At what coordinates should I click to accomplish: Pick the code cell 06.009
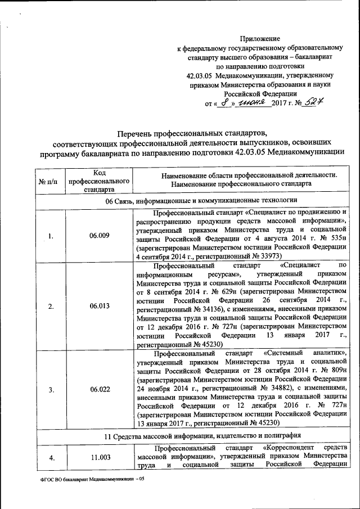click(99, 236)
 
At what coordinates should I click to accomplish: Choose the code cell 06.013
click(99, 306)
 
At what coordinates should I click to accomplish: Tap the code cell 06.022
click(99, 389)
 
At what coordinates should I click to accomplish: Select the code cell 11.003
click(99, 457)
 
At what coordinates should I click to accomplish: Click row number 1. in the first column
click(51, 236)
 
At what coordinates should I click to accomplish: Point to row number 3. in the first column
click(51, 389)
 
